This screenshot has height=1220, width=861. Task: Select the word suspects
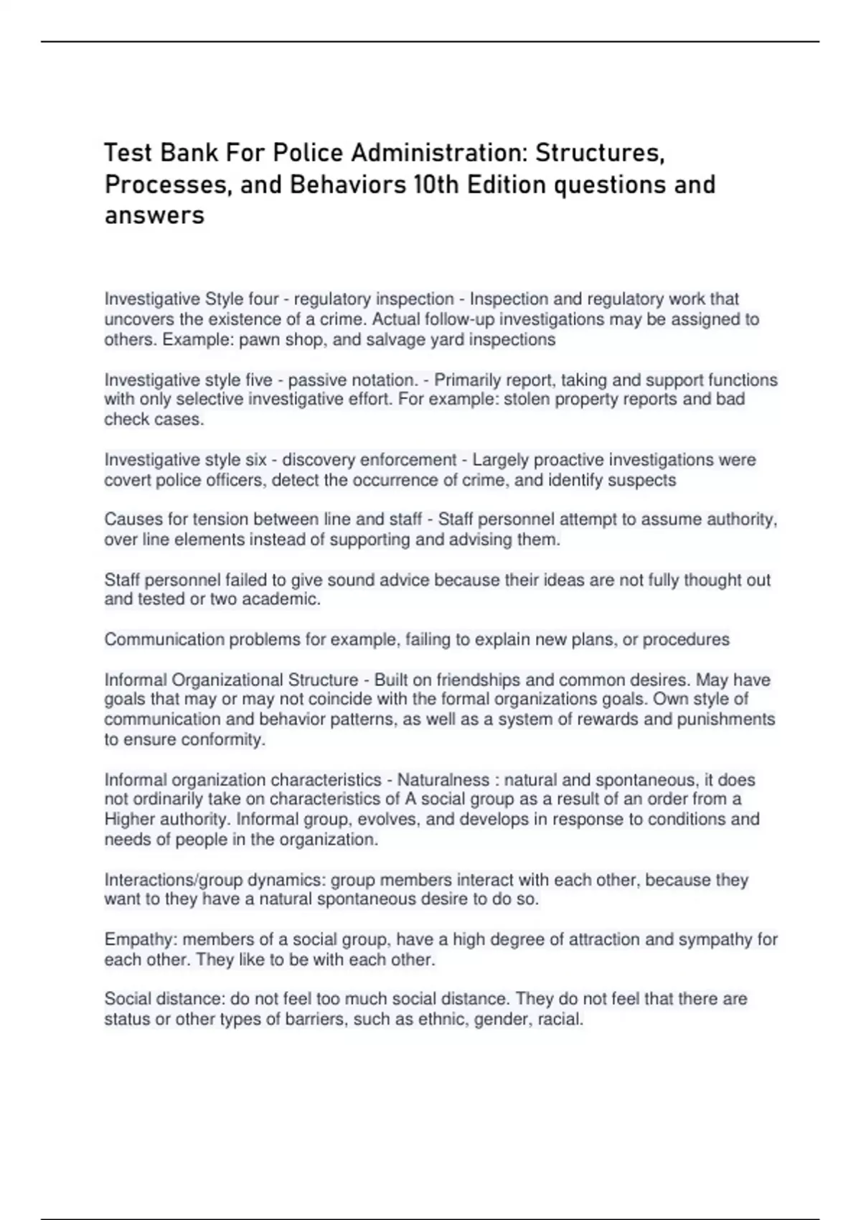[x=641, y=479]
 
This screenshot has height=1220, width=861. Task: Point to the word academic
[x=284, y=599]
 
